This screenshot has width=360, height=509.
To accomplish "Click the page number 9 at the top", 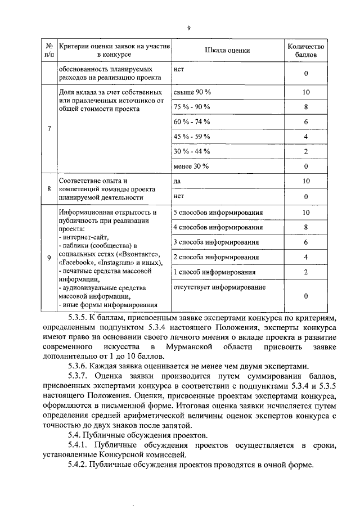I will point(189,28).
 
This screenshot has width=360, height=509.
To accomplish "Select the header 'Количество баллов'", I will point(305,51).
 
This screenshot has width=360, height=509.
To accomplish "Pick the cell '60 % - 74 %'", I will point(192,121).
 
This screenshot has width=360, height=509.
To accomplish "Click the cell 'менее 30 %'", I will point(191,166).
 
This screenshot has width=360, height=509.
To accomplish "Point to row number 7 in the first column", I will point(49,129).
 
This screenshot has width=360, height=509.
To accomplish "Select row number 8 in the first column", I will point(49,189).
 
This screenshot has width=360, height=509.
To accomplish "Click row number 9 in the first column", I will point(49,258).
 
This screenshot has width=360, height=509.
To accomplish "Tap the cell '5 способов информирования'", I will point(218,213).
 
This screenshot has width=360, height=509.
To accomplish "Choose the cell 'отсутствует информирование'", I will point(220,287).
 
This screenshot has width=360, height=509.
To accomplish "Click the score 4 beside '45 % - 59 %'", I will point(305,136).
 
